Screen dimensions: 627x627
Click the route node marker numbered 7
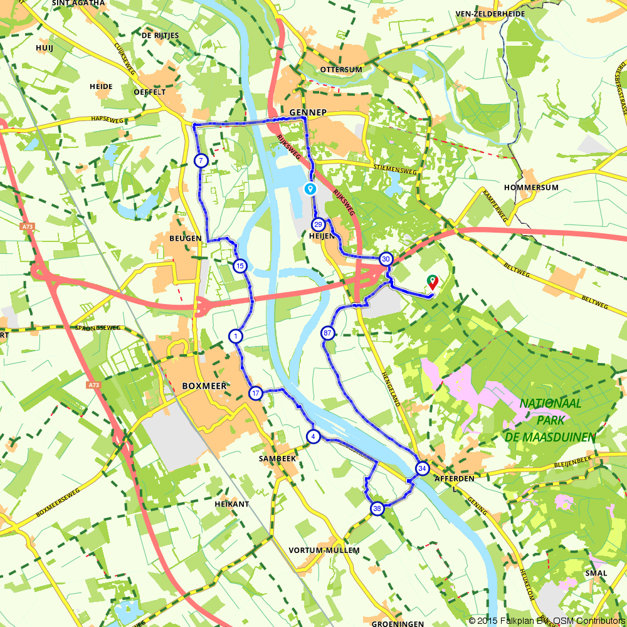point(201,161)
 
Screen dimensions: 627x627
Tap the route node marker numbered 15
point(240,266)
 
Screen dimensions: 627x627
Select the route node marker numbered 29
point(319,225)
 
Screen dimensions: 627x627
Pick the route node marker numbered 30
point(386,259)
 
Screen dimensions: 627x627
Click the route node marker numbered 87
point(328,333)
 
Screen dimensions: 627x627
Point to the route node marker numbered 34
point(422,468)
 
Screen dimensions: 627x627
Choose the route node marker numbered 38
point(377,508)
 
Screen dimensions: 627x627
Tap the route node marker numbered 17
point(255,394)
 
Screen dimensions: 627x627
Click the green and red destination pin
point(432,283)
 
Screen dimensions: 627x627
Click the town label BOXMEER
point(204,386)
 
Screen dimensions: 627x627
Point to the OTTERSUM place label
point(340,69)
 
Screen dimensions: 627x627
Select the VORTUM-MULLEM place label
point(324,551)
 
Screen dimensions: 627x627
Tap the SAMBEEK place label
point(277,459)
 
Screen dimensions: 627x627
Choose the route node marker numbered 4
point(313,436)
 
